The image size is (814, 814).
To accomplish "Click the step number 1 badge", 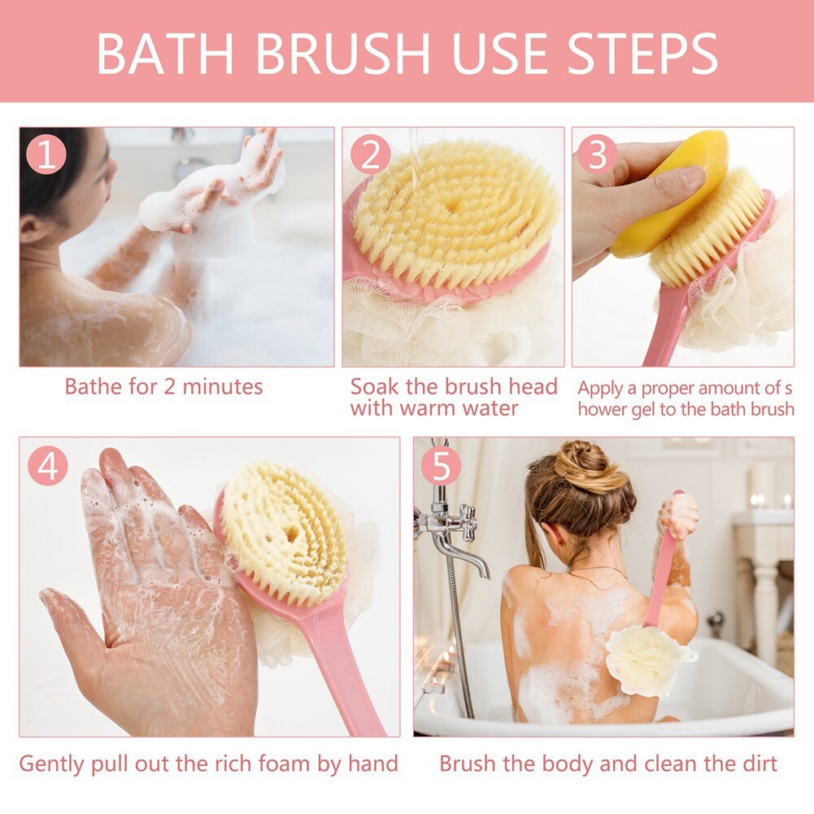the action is pos(46,155).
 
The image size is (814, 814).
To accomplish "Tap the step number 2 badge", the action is pos(371,155).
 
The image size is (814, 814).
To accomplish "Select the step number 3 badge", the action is pos(598,155).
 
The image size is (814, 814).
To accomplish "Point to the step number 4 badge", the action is pos(48,466).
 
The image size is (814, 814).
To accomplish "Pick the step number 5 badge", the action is pos(442,466).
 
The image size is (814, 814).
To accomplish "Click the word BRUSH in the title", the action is pos(342,54).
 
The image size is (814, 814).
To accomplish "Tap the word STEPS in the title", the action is pos(642,54).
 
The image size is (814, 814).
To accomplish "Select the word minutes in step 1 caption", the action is pos(223,387).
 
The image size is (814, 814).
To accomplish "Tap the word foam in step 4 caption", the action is pos(285,764).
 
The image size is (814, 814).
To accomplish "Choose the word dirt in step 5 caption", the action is pos(759,764).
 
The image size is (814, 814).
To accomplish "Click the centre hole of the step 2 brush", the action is pos(451,203).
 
